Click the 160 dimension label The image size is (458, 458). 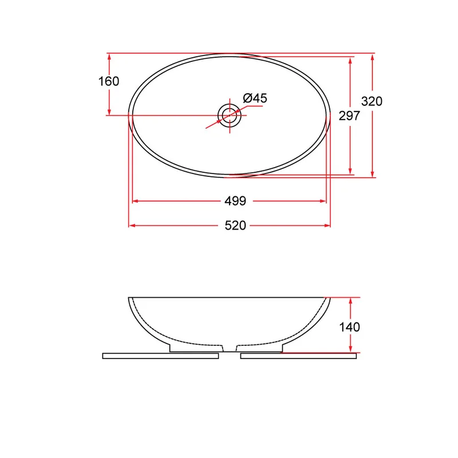(x=109, y=81)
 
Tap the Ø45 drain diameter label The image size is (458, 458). (x=255, y=98)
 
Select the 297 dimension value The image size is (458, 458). (x=349, y=116)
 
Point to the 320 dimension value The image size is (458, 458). (x=372, y=101)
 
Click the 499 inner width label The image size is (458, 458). (x=235, y=201)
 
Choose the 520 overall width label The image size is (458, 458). (x=235, y=226)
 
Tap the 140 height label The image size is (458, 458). (x=349, y=327)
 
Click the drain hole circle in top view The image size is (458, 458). (x=230, y=104)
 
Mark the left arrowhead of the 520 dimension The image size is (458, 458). (x=132, y=226)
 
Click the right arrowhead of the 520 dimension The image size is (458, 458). (x=327, y=226)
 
